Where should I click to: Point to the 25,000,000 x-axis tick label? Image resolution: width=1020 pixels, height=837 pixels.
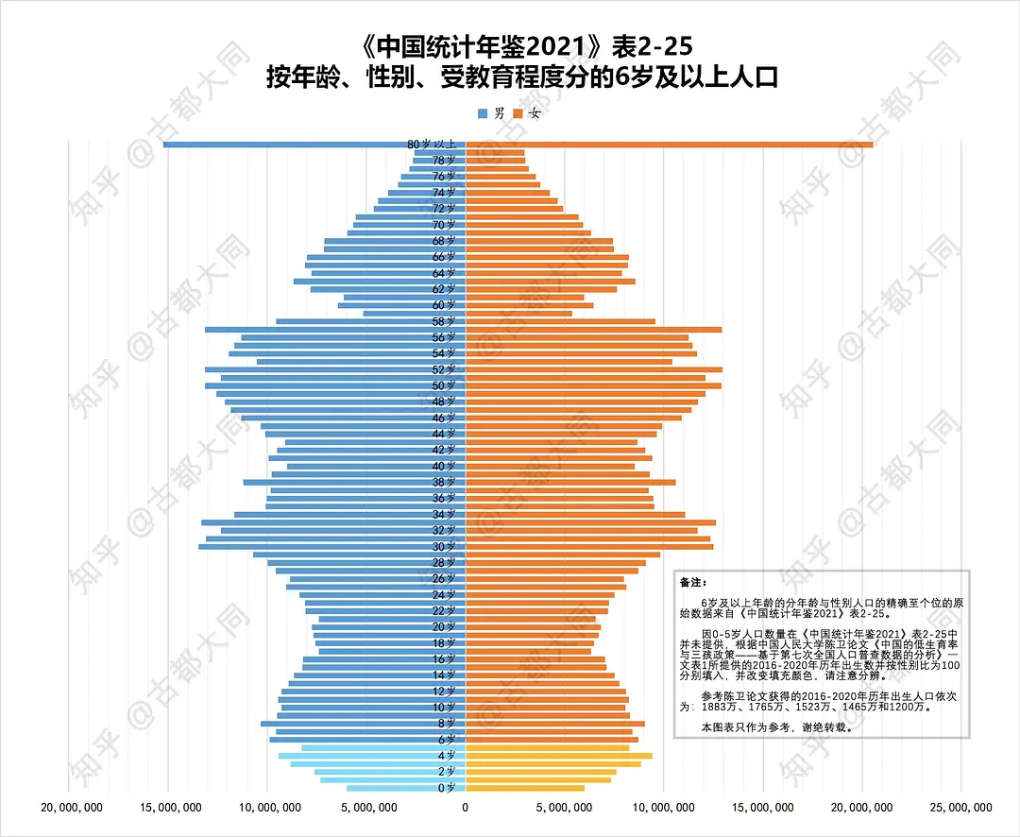[x=961, y=807]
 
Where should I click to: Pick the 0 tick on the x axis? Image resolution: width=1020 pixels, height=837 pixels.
[x=465, y=807]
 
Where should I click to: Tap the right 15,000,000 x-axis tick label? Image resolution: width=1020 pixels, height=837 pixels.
[x=763, y=807]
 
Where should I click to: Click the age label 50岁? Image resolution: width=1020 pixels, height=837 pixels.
[x=445, y=385]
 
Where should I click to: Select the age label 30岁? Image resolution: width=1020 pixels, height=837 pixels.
[x=445, y=546]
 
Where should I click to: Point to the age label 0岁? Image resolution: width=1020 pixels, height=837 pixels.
[x=448, y=788]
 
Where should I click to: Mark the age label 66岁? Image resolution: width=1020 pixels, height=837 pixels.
[x=445, y=257]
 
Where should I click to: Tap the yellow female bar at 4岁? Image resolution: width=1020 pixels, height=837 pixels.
[x=557, y=756]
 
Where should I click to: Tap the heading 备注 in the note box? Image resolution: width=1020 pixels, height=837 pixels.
[x=692, y=583]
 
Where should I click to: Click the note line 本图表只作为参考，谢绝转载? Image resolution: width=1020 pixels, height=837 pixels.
[x=777, y=727]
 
